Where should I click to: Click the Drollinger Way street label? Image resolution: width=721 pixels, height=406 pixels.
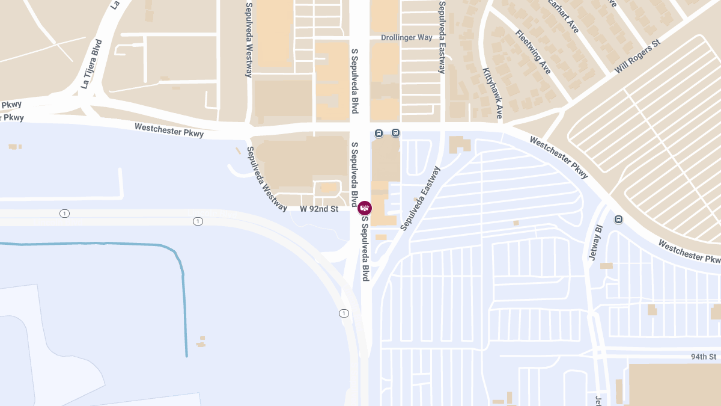tap(406, 37)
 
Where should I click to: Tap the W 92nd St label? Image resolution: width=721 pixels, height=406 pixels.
tap(319, 209)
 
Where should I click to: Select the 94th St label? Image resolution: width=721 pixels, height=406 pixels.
tap(703, 357)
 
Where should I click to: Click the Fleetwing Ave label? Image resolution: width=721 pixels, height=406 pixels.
tap(533, 52)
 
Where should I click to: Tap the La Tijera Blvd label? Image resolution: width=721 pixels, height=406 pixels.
tap(92, 65)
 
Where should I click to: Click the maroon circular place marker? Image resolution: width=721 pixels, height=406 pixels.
tap(365, 208)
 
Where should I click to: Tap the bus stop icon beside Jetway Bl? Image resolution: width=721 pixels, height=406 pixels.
tap(618, 220)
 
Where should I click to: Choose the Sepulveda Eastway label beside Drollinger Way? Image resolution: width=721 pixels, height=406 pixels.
tap(442, 37)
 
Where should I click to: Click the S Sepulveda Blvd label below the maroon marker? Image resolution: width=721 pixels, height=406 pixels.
tap(365, 248)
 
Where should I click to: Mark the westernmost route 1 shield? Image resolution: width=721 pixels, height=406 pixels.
tap(64, 214)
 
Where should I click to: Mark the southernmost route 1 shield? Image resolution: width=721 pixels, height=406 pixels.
tap(344, 313)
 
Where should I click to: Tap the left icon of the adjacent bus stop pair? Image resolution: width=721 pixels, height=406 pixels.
tap(379, 133)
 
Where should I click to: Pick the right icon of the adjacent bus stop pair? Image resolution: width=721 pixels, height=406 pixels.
tap(395, 132)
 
